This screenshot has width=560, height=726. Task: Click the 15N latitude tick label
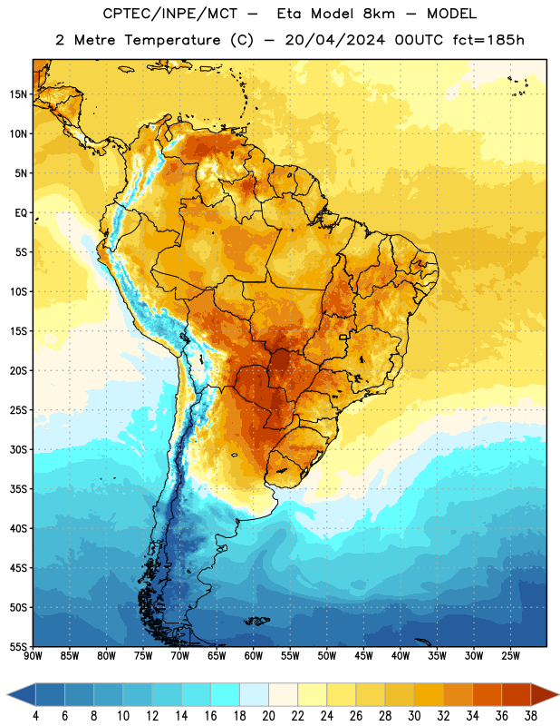[x=18, y=94]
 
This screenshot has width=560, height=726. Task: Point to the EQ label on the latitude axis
[x=21, y=213]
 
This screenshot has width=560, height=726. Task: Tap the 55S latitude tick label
[x=18, y=647]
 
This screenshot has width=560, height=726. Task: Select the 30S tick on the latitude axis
[x=18, y=449]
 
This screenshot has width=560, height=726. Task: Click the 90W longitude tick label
[x=33, y=656]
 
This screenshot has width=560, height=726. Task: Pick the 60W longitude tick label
[x=254, y=656]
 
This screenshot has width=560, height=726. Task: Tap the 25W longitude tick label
[x=510, y=656]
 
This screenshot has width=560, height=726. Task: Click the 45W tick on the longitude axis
[x=363, y=656]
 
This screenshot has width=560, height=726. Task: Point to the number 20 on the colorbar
[x=268, y=716]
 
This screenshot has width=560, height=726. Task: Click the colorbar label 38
[x=531, y=716]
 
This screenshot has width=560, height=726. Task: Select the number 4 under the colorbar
[x=35, y=716]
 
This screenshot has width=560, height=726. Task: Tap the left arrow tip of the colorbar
[x=7, y=694]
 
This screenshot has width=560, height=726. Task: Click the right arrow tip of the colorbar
[x=558, y=694]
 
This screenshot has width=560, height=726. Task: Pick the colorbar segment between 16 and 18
[x=225, y=694]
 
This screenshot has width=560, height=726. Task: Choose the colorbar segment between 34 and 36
[x=487, y=694]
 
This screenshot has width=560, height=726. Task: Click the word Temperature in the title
[x=172, y=40]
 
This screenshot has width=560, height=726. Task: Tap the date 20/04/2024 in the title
[x=335, y=40]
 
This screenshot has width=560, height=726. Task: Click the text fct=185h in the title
[x=488, y=40]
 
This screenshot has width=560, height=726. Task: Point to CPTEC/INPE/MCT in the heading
[x=170, y=14]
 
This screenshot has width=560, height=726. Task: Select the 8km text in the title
[x=379, y=14]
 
